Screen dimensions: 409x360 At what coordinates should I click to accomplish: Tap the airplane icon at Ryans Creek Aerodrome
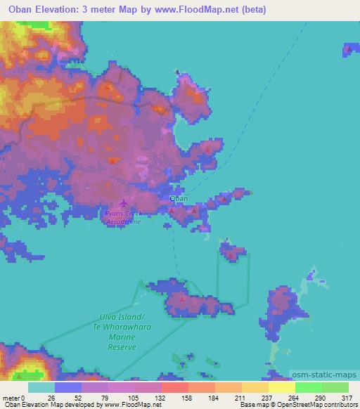tap(125, 204)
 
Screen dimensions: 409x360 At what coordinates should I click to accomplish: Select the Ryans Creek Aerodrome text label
tap(123, 217)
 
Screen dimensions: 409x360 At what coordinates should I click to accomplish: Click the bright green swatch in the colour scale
tap(308, 387)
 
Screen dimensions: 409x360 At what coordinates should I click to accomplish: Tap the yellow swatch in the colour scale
tap(281, 387)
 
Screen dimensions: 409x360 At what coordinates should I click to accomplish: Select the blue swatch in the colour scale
tap(68, 387)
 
